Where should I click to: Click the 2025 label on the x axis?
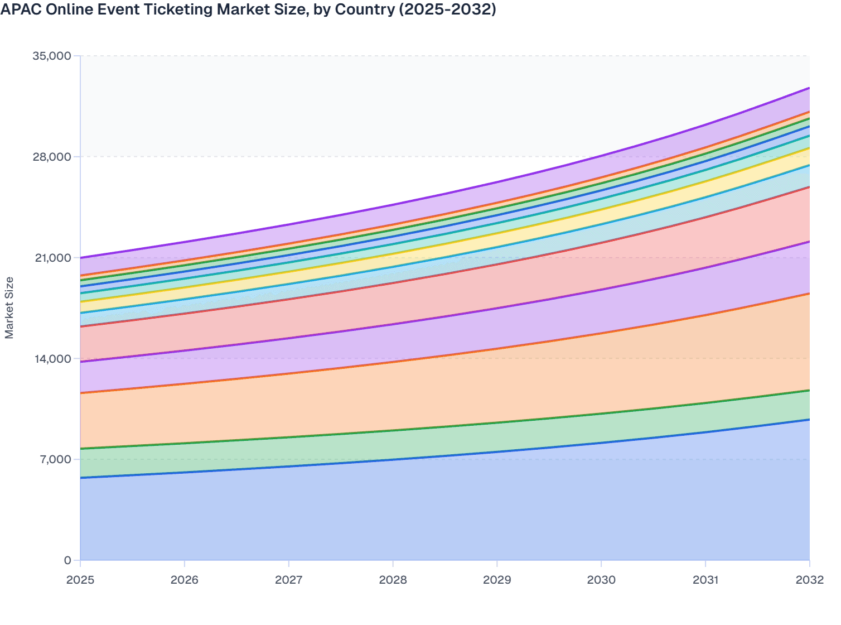click(x=80, y=580)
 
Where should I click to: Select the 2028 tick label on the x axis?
click(x=393, y=580)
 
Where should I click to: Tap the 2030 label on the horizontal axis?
click(x=601, y=580)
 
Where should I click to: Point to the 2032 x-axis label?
click(x=809, y=580)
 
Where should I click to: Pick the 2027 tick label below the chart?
click(x=289, y=580)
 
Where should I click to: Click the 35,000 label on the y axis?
click(x=52, y=56)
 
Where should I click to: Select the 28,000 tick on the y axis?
click(x=52, y=157)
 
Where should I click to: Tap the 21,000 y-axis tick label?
click(x=52, y=258)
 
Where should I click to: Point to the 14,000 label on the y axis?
click(x=52, y=359)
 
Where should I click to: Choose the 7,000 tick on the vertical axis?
click(x=55, y=459)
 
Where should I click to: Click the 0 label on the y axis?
click(x=67, y=560)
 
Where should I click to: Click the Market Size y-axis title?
click(x=9, y=307)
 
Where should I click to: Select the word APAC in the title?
click(x=21, y=9)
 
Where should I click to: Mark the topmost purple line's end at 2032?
click(x=809, y=88)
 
